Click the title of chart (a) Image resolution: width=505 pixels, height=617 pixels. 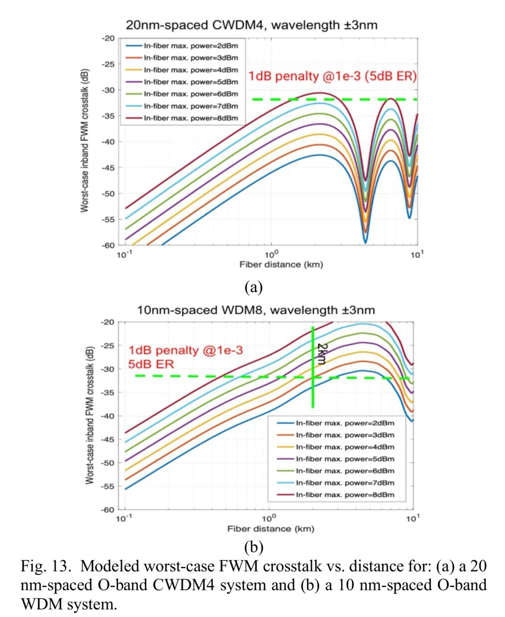coord(251,25)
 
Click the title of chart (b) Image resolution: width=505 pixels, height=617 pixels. coord(256,310)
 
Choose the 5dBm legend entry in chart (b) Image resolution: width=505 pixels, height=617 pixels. coord(345,459)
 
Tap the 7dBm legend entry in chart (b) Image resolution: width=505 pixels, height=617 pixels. coord(345,483)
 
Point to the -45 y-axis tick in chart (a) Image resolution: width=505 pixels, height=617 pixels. coord(108,167)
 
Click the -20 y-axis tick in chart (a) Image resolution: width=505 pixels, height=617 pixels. coord(108,38)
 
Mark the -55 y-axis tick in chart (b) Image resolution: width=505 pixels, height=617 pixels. coord(108,486)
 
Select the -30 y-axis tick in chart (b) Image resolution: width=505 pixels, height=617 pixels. coord(108,369)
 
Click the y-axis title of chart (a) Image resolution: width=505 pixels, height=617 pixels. coord(85,141)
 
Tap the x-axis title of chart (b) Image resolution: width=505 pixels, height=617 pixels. coord(271,529)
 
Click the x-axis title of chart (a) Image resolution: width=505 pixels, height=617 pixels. coord(281,265)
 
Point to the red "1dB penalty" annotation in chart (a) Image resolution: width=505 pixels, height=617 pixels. coord(332,76)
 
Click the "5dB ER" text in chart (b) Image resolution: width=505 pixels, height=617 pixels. coord(151,364)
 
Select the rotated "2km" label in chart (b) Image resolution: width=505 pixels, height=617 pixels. coord(322,354)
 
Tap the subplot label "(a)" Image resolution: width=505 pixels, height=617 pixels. coord(253,287)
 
